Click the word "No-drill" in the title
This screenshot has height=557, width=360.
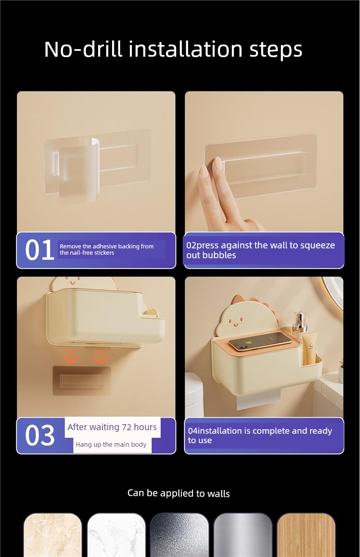83,49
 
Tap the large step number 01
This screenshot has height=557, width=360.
39,250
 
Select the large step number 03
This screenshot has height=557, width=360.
40,435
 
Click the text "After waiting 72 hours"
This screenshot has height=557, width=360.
112,427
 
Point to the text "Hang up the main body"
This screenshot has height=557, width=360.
111,445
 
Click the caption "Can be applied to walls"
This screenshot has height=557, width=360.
179,494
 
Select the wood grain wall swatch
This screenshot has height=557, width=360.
306,535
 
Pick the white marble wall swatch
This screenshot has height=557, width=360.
116,535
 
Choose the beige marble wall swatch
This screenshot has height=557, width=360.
53,535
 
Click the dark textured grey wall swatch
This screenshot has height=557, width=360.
180,535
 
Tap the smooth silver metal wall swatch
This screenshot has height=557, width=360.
243,535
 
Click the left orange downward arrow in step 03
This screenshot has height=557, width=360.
71,355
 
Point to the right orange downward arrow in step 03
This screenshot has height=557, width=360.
101,355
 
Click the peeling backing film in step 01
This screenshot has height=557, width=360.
79,170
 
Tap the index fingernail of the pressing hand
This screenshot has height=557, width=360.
219,163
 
